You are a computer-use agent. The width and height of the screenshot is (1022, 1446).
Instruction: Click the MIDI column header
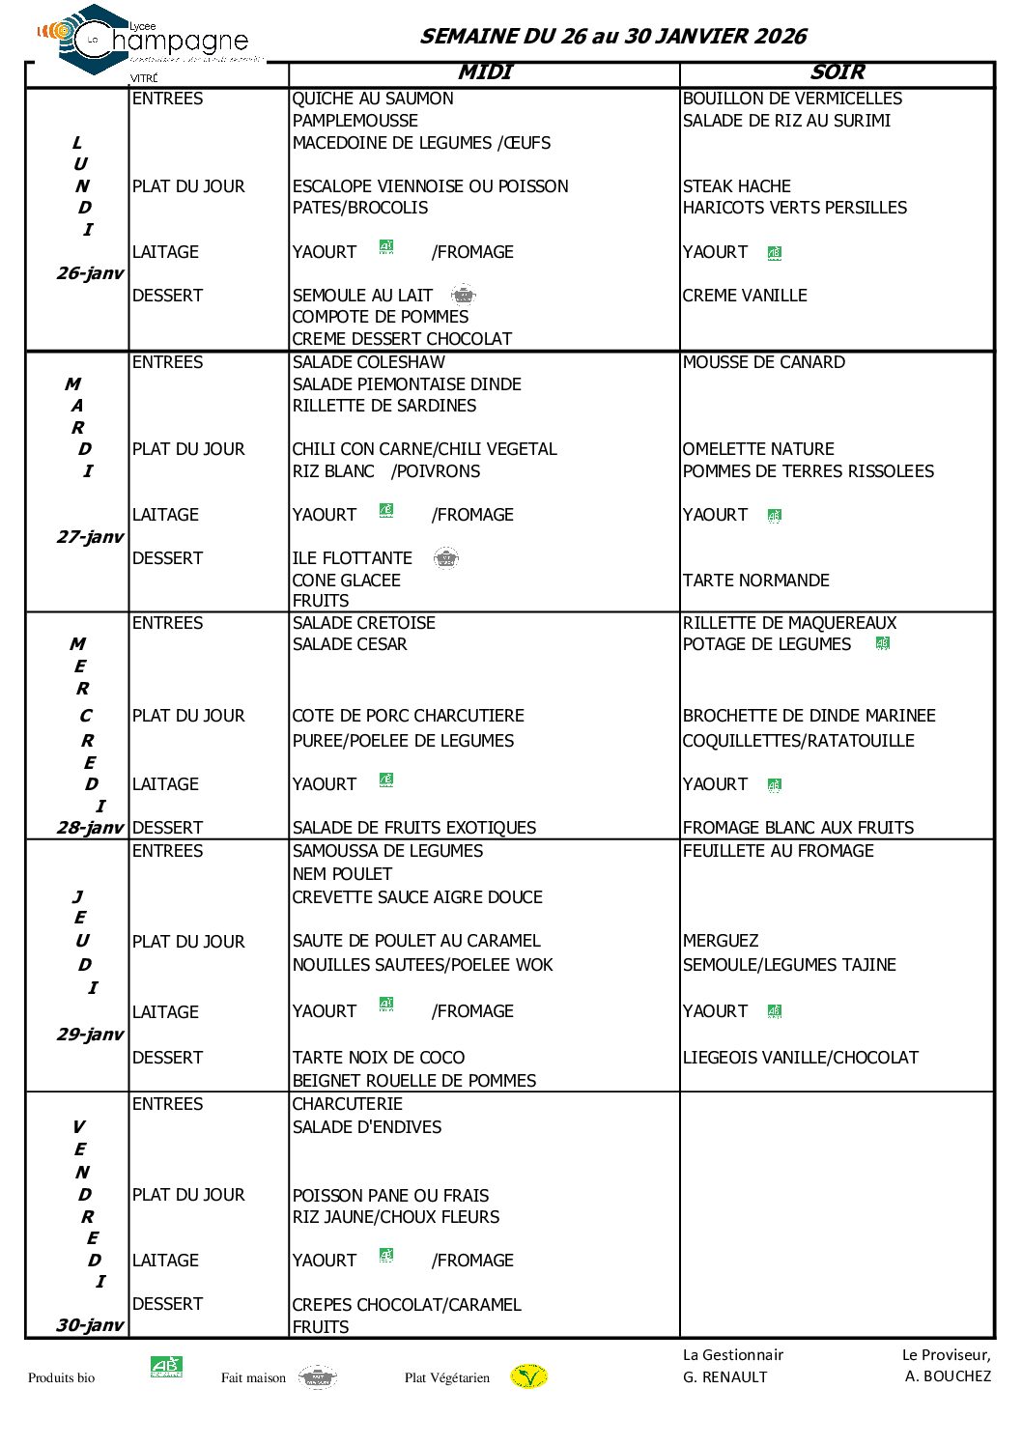pos(485,72)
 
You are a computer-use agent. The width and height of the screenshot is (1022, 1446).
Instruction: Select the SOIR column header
pos(837,72)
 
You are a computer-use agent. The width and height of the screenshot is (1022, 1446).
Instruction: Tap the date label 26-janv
pos(90,273)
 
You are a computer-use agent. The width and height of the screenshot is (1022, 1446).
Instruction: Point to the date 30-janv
pos(90,1325)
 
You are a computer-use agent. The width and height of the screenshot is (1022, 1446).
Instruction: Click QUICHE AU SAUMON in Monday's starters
pos(373,99)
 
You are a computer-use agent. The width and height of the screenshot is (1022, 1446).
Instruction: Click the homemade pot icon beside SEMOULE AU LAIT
pos(464,295)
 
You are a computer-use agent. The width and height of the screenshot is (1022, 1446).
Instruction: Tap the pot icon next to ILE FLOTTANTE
pos(445,557)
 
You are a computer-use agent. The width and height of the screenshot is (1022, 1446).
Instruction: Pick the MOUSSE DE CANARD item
pos(763,362)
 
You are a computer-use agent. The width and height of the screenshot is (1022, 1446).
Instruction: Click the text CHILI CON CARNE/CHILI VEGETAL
pos(424,449)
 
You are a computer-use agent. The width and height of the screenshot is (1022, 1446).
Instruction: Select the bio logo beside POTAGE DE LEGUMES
pos(882,643)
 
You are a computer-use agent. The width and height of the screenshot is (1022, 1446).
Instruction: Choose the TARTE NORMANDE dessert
pos(755,581)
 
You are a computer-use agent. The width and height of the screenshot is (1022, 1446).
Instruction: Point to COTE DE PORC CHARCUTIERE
pos(408,716)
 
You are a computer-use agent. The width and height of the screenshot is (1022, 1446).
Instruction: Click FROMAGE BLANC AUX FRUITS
pos(798,828)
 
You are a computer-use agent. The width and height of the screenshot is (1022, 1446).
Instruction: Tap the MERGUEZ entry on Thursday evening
pos(720,941)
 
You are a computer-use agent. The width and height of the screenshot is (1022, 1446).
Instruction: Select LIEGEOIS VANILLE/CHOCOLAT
pos(800,1058)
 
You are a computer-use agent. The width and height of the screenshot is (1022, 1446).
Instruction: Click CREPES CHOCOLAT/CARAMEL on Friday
pos(407,1305)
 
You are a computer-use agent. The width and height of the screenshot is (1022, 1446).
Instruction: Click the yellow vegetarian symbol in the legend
pos(528,1376)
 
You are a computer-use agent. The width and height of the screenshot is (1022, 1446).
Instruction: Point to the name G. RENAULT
pos(724,1376)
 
